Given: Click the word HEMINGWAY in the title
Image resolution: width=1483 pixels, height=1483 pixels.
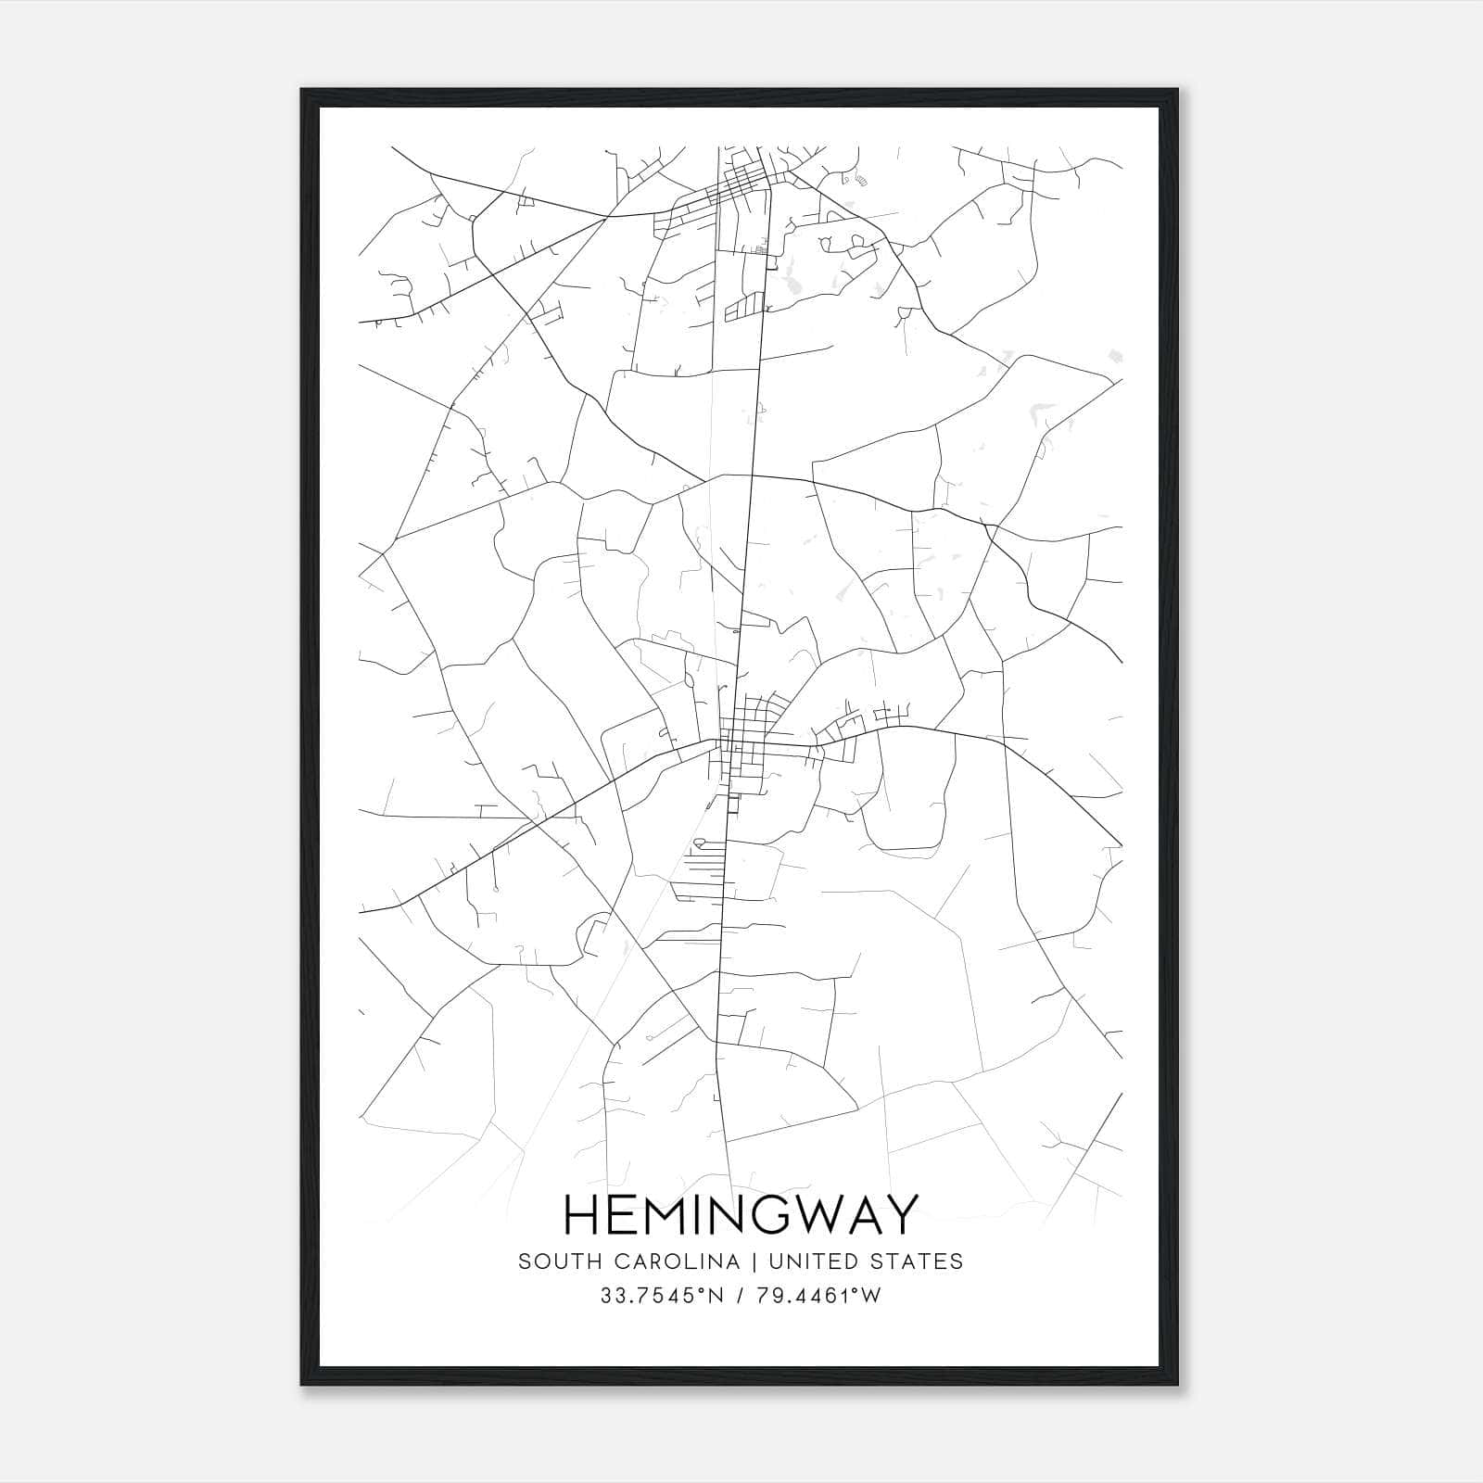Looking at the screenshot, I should coord(741,1214).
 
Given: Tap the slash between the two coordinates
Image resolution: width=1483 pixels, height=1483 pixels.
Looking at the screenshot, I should coord(738,1296).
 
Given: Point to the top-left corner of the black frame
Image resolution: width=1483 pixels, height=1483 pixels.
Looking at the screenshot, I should coord(303,91).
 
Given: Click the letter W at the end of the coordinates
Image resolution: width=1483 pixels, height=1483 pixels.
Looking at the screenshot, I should coord(871,1296).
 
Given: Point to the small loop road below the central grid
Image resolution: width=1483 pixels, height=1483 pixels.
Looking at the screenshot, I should coord(698,843).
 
